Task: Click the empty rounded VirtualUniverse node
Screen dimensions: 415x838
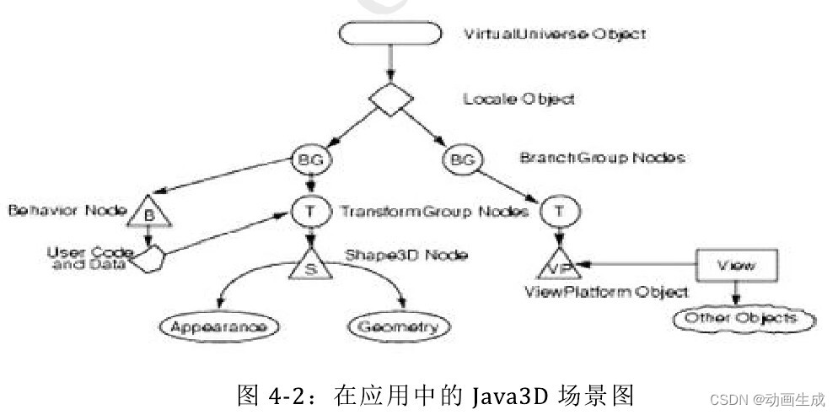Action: [x=389, y=35]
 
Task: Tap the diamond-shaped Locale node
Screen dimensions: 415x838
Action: [x=389, y=100]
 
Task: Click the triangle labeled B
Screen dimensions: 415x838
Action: [x=149, y=213]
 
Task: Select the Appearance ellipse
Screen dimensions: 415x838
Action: [x=218, y=326]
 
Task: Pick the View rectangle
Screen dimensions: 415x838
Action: [x=736, y=267]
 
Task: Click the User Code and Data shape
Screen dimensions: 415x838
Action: [x=159, y=259]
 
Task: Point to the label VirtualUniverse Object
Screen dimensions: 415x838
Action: [x=554, y=35]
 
